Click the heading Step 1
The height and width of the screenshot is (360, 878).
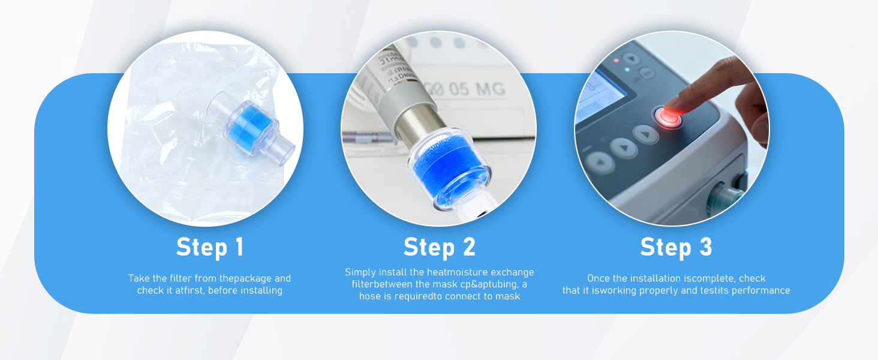pyautogui.click(x=210, y=247)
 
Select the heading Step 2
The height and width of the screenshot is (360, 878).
pyautogui.click(x=440, y=247)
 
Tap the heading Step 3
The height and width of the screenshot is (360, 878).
pyautogui.click(x=676, y=247)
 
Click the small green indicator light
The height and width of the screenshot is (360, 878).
pyautogui.click(x=627, y=70)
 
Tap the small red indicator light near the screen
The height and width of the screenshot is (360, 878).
pyautogui.click(x=616, y=61)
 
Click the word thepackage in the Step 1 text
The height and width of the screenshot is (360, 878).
pyautogui.click(x=245, y=278)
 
